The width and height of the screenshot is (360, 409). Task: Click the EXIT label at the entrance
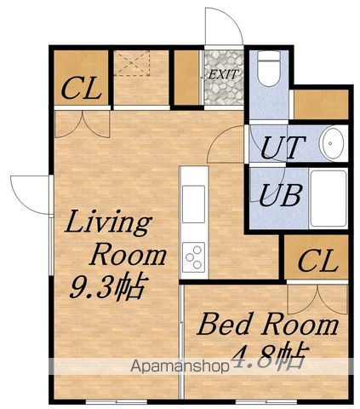tap(223, 74)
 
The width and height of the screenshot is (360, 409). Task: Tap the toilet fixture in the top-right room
tap(269, 68)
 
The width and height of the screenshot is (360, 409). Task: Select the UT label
tap(283, 147)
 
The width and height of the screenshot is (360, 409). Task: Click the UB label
tap(280, 195)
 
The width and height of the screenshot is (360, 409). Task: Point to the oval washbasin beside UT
tap(331, 143)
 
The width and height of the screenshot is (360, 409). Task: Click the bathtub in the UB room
tap(329, 198)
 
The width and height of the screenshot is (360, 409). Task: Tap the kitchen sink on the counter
tap(193, 204)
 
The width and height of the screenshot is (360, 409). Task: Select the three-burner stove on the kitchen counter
tap(193, 256)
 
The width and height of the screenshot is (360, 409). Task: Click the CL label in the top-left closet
tap(82, 89)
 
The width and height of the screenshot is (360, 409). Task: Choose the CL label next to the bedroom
tap(317, 261)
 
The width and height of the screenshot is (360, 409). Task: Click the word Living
tap(108, 223)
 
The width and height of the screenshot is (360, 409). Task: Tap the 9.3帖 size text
tap(109, 286)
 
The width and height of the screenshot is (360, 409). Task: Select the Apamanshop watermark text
tap(180, 366)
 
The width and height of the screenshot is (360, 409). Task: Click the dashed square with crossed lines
tap(132, 63)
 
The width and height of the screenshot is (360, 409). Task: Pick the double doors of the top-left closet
tap(82, 124)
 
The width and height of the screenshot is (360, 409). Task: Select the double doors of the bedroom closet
tap(317, 300)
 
